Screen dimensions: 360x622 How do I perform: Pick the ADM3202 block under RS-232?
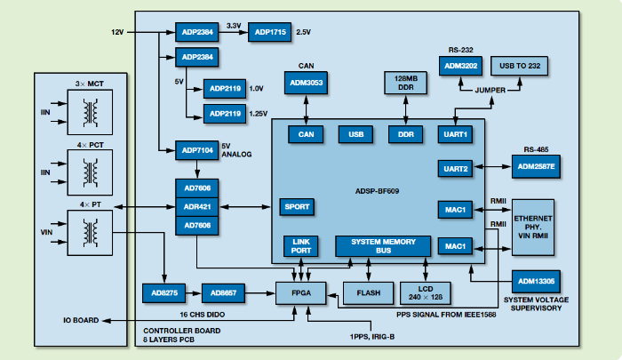(459, 66)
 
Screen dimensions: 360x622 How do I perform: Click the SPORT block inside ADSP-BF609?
(296, 205)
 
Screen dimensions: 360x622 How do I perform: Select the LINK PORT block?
(299, 246)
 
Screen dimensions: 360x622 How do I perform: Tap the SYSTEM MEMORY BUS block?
(383, 246)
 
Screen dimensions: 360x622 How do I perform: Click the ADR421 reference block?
(197, 206)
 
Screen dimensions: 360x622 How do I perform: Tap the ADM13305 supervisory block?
(537, 282)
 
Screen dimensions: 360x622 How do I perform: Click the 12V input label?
(117, 33)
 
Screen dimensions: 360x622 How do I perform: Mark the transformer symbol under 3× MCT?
(89, 112)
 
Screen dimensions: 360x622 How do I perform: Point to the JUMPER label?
(491, 90)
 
